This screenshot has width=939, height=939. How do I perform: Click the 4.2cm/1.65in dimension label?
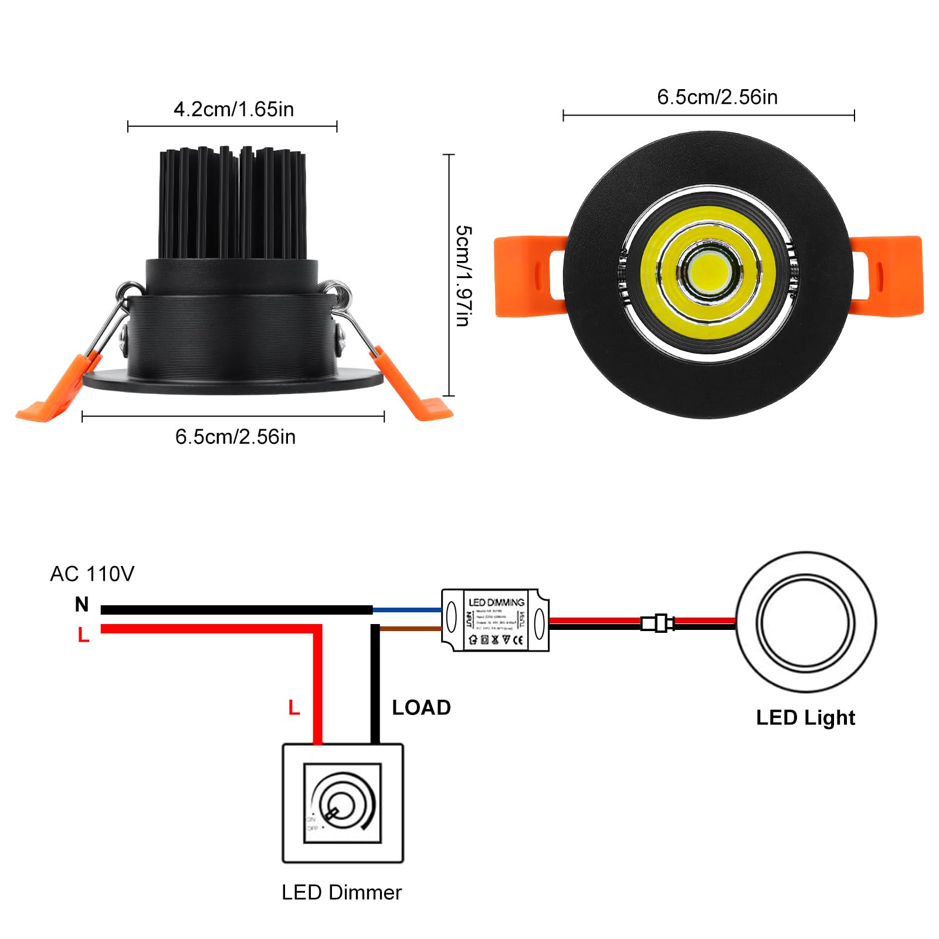[x=233, y=110]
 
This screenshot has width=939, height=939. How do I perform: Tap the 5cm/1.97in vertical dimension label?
[x=463, y=275]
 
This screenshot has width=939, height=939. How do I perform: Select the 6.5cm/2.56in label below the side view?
[x=235, y=437]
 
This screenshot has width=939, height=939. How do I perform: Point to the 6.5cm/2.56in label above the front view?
[x=717, y=97]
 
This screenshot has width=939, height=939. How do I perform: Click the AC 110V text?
[x=92, y=574]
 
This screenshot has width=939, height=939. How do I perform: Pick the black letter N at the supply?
[x=82, y=604]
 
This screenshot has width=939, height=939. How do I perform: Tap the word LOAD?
[x=421, y=708]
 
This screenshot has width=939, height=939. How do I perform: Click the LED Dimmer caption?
[x=341, y=893]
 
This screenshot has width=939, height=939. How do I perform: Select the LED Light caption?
[x=805, y=718]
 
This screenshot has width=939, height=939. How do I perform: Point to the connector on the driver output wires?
[x=657, y=623]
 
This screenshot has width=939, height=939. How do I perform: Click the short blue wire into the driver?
[x=407, y=611]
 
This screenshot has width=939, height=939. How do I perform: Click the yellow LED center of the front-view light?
[x=709, y=271]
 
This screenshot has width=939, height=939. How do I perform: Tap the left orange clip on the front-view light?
[x=528, y=276]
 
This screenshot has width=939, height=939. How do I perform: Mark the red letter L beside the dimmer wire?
[x=294, y=708]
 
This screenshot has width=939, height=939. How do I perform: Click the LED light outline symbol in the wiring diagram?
[x=806, y=622]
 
